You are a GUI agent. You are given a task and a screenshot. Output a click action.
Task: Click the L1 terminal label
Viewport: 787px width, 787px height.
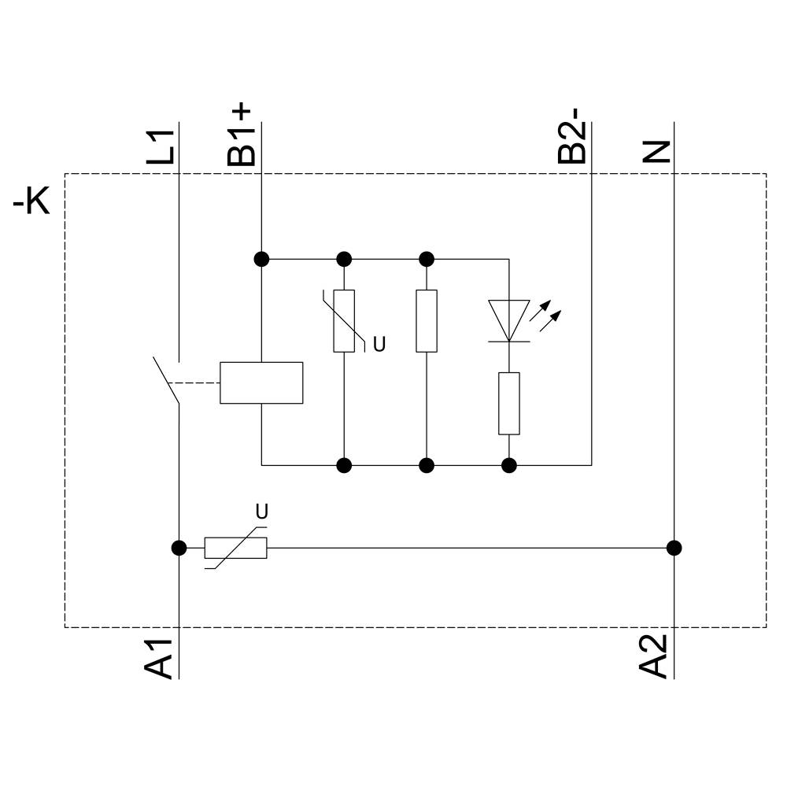pos(161,146)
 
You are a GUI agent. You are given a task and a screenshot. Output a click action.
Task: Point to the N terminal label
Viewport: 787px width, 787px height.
pos(657,150)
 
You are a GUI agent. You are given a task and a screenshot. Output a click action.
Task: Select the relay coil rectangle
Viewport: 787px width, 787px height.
pos(261,382)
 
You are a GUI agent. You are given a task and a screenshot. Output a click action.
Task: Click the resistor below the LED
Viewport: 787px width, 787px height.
pos(509,404)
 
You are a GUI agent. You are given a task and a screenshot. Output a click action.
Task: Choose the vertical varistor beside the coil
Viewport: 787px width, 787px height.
pos(344,320)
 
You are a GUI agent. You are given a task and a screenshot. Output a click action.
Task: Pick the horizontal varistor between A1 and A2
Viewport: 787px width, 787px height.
pos(235,548)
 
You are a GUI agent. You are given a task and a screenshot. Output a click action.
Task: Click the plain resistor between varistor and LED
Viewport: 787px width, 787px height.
pos(427,320)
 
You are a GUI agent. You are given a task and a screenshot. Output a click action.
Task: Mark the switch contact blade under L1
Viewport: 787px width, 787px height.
pos(166,382)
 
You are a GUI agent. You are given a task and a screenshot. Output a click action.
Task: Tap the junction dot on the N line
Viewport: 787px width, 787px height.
pos(674,548)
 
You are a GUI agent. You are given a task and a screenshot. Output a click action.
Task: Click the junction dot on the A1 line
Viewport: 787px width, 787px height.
pos(179,548)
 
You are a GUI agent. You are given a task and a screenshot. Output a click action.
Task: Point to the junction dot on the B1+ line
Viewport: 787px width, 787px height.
pos(261,258)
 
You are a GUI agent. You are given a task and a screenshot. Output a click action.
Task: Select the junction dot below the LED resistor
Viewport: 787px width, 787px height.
pos(509,465)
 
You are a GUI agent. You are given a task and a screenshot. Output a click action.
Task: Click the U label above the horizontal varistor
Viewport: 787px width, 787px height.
pos(262,512)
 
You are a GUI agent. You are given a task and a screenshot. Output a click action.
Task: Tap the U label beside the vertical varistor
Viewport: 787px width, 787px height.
pos(379,345)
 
